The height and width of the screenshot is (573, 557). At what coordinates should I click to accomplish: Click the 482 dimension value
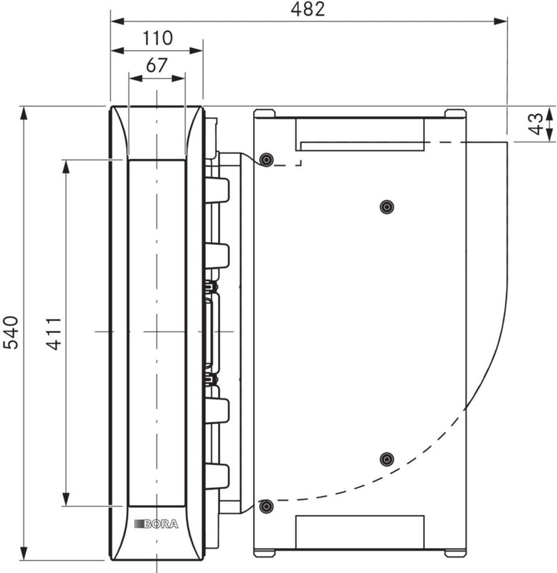(309, 9)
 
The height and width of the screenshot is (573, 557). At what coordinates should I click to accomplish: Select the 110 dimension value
(157, 38)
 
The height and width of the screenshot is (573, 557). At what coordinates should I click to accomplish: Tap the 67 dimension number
(156, 65)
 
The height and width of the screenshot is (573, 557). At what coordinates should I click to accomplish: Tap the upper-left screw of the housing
(267, 159)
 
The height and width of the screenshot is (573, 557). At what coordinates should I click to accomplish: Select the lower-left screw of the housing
(267, 507)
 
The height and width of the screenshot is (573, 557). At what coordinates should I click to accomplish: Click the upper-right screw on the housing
(386, 207)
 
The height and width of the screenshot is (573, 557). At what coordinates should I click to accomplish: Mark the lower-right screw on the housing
(386, 458)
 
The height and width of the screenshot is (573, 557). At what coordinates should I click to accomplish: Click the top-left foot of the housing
(265, 113)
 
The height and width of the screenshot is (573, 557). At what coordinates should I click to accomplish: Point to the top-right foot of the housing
(454, 113)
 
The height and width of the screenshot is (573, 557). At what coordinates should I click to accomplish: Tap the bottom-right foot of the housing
(454, 553)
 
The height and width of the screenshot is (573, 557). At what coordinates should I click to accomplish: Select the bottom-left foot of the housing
(265, 553)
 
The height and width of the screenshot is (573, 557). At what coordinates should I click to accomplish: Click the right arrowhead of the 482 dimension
(503, 21)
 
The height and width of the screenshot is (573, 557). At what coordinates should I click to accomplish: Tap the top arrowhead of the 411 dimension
(66, 165)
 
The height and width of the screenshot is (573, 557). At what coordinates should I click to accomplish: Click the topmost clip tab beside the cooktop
(216, 190)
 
